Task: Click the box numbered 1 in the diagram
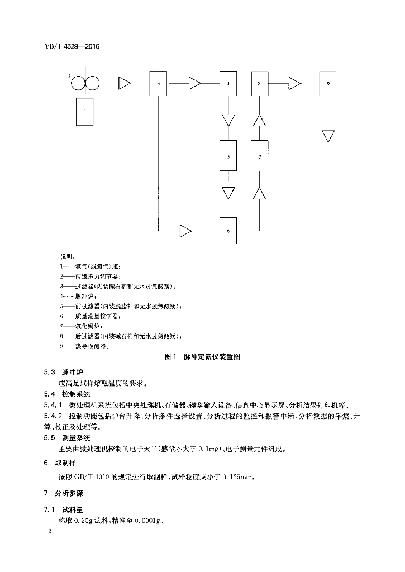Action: point(84,111)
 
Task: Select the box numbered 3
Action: point(159,84)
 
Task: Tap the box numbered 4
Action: point(228,84)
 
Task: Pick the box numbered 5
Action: point(228,156)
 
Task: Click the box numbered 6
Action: point(228,229)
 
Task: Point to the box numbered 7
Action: point(260,156)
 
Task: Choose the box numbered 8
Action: point(260,84)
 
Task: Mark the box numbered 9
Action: point(328,84)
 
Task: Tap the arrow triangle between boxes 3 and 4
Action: point(194,84)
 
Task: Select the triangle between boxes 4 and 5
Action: point(228,120)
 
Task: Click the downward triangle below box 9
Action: point(328,136)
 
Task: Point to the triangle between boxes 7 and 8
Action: point(260,120)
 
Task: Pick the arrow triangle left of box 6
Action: point(185,229)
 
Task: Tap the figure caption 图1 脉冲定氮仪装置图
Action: point(203,356)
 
